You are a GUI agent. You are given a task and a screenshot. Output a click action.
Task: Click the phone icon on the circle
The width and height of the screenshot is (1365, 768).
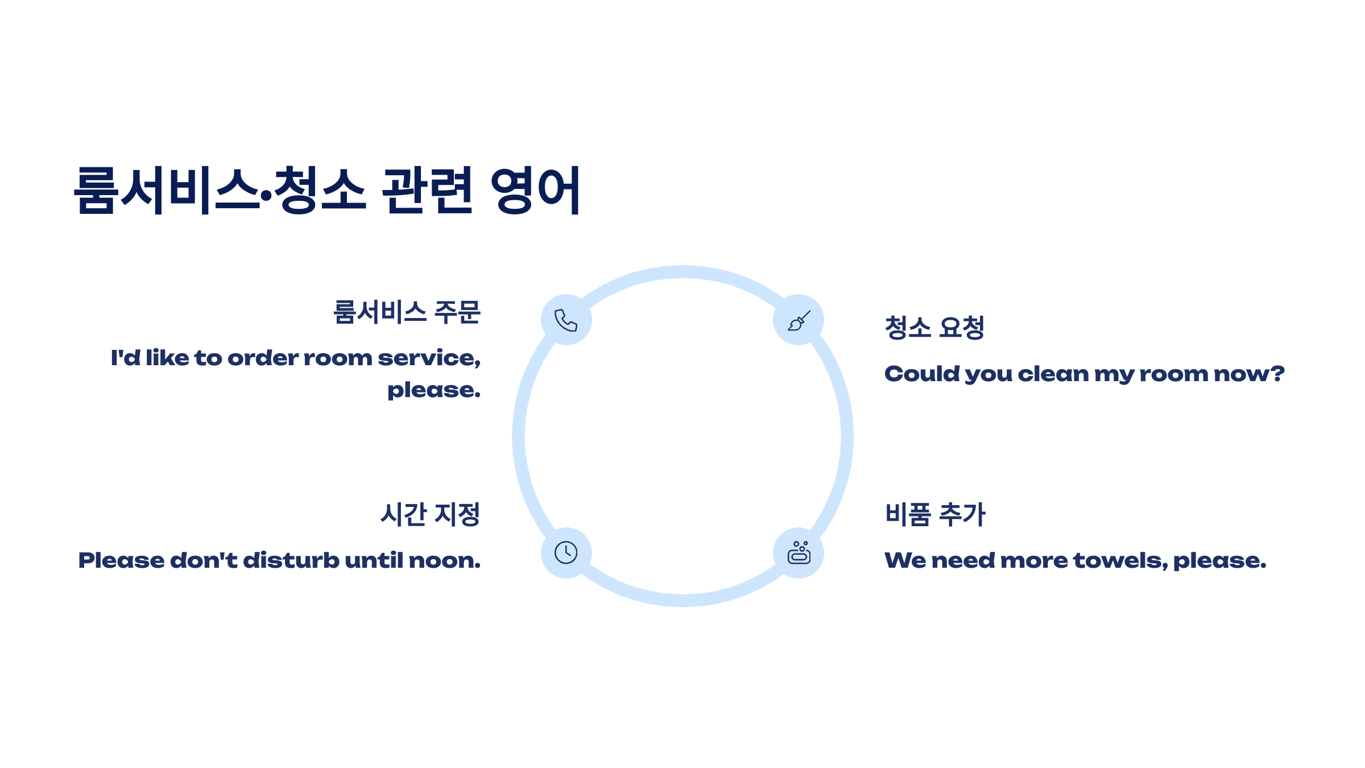(x=566, y=320)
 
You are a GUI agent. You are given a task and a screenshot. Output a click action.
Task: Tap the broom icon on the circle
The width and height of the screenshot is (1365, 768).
(x=799, y=320)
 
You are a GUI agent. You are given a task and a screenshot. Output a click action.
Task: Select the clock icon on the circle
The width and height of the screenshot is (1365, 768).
(x=566, y=553)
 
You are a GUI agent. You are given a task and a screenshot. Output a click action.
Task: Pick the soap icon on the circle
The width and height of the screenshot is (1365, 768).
(x=799, y=553)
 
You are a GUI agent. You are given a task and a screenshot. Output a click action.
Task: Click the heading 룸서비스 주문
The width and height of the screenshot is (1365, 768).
(x=407, y=312)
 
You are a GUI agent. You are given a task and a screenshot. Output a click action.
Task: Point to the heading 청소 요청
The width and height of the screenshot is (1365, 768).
(x=934, y=328)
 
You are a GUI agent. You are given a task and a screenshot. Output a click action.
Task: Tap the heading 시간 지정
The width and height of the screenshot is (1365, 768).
(x=431, y=514)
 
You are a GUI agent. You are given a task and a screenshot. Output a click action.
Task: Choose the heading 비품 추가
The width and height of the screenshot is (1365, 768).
(x=935, y=514)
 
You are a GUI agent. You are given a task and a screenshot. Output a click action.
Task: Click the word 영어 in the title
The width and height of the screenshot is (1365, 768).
(x=535, y=190)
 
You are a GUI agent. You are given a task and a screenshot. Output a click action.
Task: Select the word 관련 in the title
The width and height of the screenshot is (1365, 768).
(x=427, y=190)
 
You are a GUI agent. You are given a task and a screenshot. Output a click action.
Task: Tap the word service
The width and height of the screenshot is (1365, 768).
(x=428, y=358)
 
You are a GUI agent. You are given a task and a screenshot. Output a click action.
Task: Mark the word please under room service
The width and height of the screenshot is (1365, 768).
(x=433, y=391)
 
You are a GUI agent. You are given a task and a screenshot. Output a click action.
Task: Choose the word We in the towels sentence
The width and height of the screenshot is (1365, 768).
(x=905, y=561)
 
